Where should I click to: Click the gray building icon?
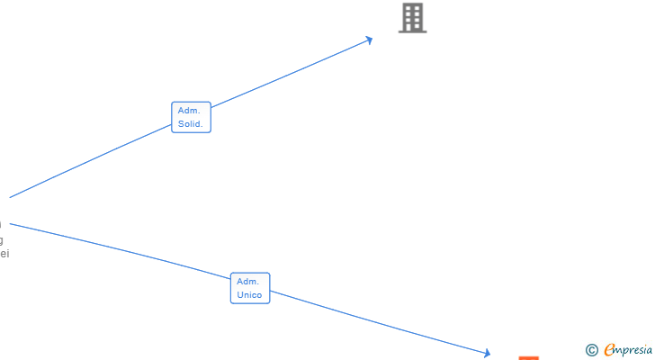click(412, 18)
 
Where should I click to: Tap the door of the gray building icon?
click(412, 28)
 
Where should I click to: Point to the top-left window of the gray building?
click(408, 8)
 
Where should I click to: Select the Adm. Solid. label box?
click(191, 117)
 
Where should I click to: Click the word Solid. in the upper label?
click(191, 124)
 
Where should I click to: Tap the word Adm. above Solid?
click(189, 111)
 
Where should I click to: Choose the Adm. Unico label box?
click(250, 288)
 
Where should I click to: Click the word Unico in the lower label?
click(250, 295)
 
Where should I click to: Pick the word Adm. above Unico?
click(248, 282)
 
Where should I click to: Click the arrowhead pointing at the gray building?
click(369, 40)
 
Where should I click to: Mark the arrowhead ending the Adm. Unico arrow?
click(487, 354)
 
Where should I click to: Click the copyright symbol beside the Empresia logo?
click(592, 350)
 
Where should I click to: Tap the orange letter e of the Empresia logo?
click(609, 350)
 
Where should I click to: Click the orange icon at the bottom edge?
click(529, 357)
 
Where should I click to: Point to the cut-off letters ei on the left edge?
click(4, 254)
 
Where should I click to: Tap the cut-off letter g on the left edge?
click(1, 240)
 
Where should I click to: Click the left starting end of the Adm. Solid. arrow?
click(11, 197)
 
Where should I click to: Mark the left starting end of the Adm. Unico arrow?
click(11, 223)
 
